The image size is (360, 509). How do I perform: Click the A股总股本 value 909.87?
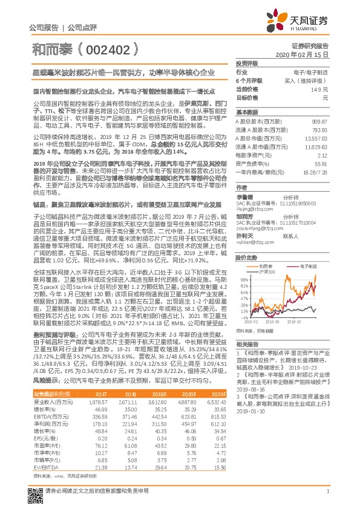point(319,121)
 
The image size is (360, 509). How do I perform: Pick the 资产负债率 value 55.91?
point(321,163)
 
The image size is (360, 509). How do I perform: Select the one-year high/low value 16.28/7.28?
point(315,172)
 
